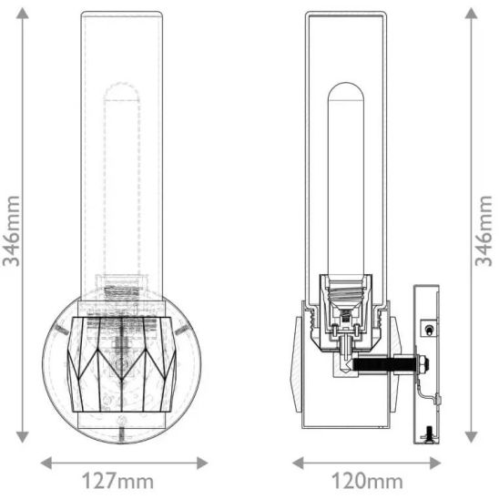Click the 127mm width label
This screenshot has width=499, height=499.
pyautogui.click(x=117, y=481)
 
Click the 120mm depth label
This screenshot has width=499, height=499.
pyautogui.click(x=367, y=481)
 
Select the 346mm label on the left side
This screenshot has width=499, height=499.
pyautogui.click(x=12, y=231)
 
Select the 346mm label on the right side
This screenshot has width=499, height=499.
pyautogui.click(x=484, y=231)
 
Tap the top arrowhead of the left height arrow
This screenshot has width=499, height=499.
pyautogui.click(x=22, y=14)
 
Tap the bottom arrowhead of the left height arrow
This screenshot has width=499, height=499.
pyautogui.click(x=22, y=437)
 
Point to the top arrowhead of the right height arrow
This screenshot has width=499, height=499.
pyautogui.click(x=471, y=14)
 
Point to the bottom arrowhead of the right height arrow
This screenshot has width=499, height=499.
pyautogui.click(x=471, y=437)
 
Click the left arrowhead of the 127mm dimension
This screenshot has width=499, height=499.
pyautogui.click(x=46, y=463)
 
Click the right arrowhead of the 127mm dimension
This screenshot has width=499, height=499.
pyautogui.click(x=202, y=463)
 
